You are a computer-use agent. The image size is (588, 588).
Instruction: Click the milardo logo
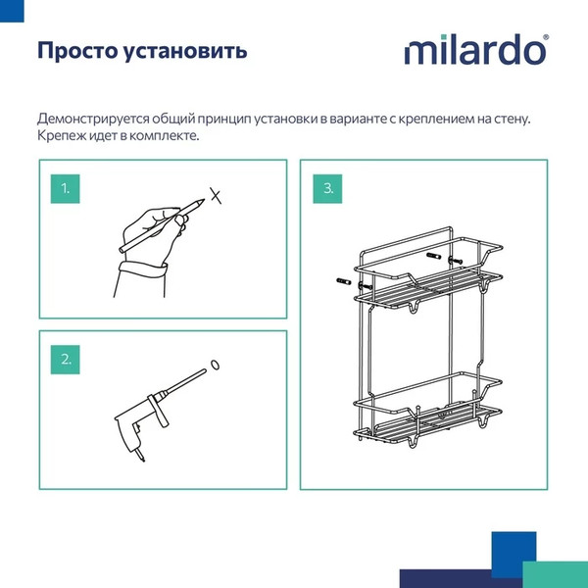coord(476,50)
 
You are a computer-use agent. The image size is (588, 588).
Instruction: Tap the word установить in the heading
coord(187,51)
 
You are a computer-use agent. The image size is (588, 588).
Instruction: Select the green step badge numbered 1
coord(66,187)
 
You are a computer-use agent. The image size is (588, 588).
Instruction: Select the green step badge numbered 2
coord(66,359)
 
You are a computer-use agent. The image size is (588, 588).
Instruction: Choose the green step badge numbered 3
coord(328,187)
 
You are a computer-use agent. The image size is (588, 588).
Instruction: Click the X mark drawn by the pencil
coord(219,195)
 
